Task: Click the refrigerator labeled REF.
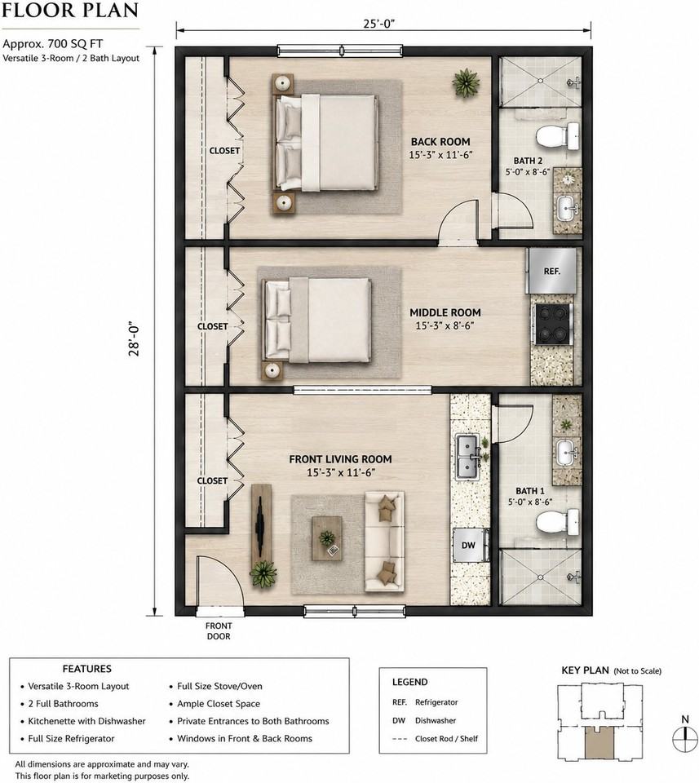pyautogui.click(x=551, y=271)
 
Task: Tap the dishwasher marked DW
pyautogui.click(x=469, y=545)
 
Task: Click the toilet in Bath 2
pyautogui.click(x=558, y=135)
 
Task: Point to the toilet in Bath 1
pyautogui.click(x=558, y=523)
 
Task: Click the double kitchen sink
pyautogui.click(x=468, y=457)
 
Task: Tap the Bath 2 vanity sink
pyautogui.click(x=567, y=207)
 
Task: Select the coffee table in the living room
pyautogui.click(x=327, y=538)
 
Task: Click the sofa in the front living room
pyautogui.click(x=384, y=541)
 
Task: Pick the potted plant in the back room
pyautogui.click(x=466, y=83)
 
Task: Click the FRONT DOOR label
pyautogui.click(x=219, y=631)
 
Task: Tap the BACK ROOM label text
pyautogui.click(x=440, y=142)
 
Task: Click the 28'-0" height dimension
pyautogui.click(x=134, y=338)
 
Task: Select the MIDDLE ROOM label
pyautogui.click(x=445, y=312)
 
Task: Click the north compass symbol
pyautogui.click(x=685, y=739)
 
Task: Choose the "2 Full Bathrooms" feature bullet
pyautogui.click(x=60, y=704)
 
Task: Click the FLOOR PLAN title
pyautogui.click(x=70, y=11)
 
